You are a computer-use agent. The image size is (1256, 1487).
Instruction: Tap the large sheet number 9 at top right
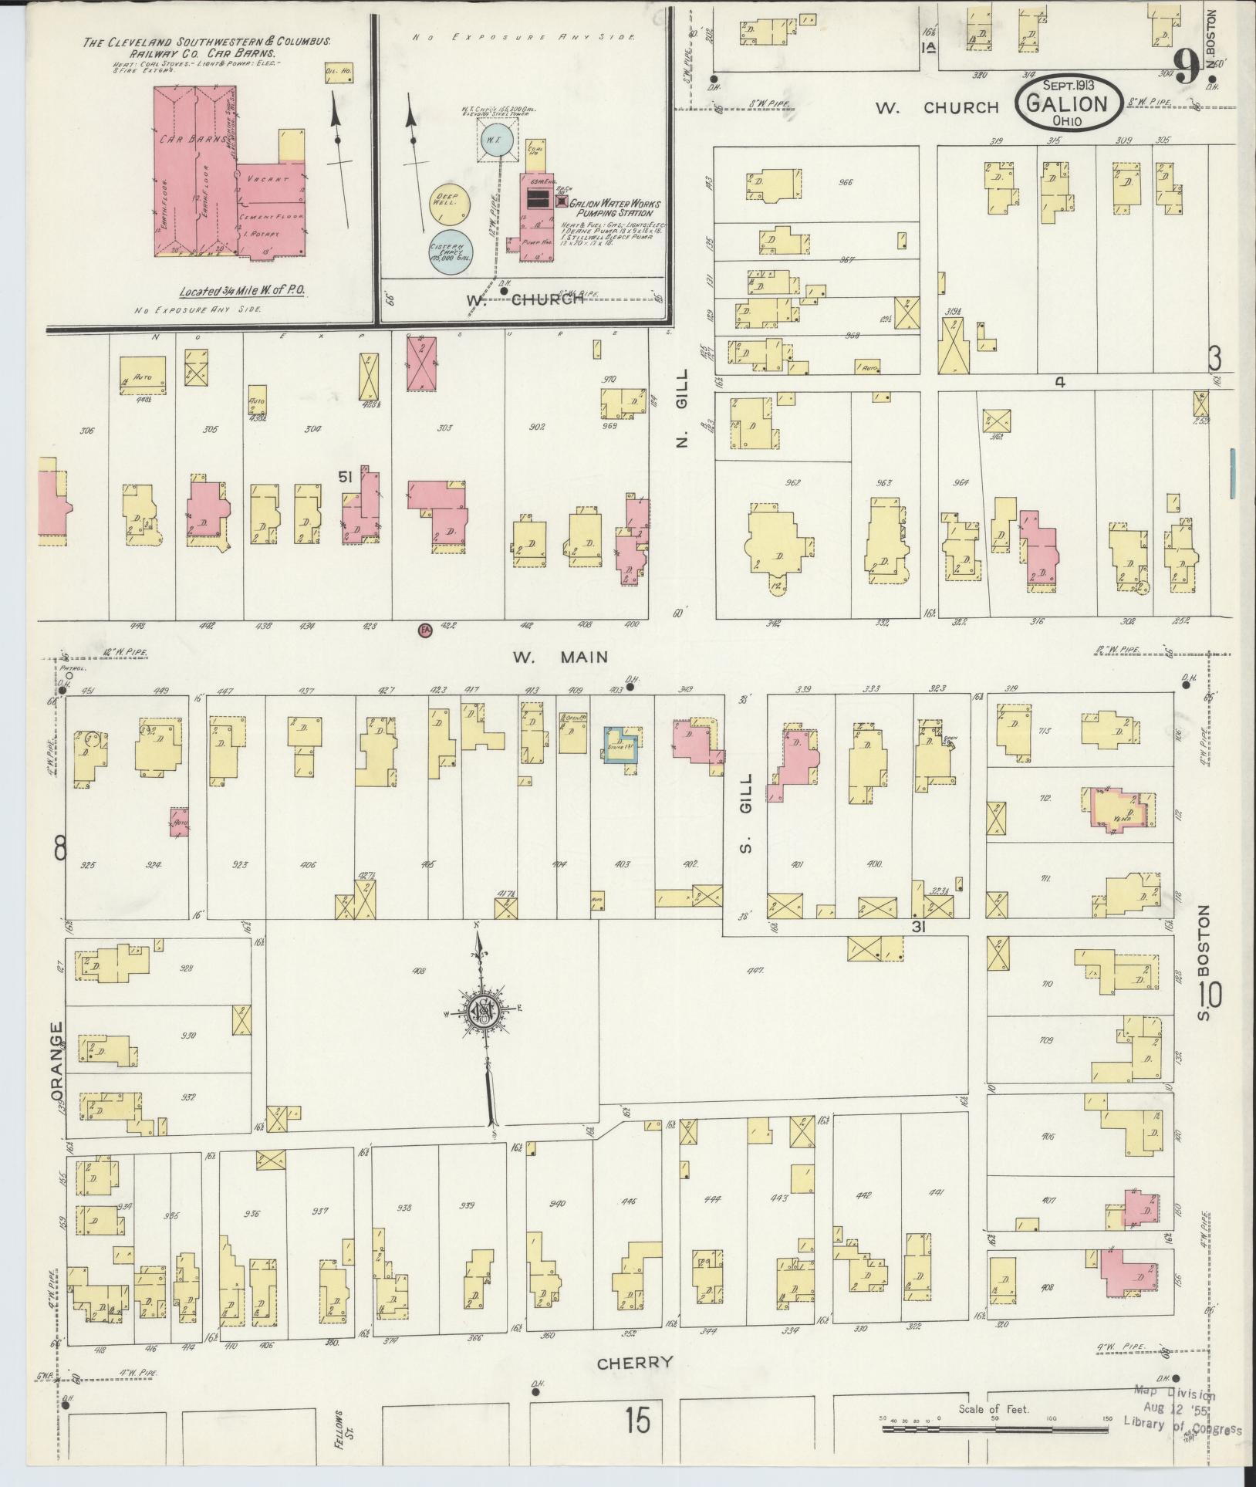point(1186,68)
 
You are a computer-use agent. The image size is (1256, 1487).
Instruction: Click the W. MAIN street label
point(560,657)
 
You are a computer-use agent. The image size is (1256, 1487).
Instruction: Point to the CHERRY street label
point(635,1362)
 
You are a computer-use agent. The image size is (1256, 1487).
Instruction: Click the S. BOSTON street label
point(1204,961)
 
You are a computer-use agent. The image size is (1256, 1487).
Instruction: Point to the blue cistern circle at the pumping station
point(451,252)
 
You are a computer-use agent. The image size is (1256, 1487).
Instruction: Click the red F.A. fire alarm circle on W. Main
point(424,630)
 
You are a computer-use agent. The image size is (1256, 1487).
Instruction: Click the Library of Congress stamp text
point(1181,1428)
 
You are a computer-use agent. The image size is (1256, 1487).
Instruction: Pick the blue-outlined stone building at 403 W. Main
point(622,745)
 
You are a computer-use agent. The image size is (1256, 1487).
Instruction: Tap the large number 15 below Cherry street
point(637,1420)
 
